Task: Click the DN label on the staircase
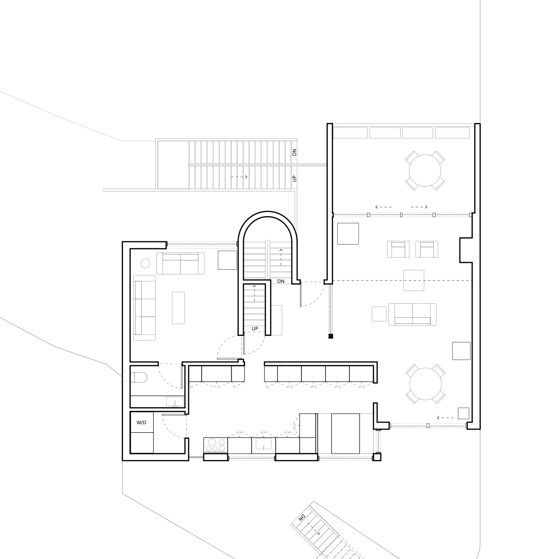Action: tap(294, 152)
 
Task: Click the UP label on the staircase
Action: tap(294, 178)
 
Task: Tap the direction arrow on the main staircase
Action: tap(239, 177)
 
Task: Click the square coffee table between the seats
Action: tap(414, 281)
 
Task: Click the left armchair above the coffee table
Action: tap(396, 250)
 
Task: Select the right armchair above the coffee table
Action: tap(427, 250)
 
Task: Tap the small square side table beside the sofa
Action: tap(377, 315)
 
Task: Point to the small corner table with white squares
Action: tap(145, 263)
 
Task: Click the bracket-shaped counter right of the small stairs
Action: tap(278, 320)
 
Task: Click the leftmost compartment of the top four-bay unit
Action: tap(353, 134)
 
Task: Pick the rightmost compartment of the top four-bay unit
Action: tap(453, 134)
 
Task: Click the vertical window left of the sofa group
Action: tap(331, 309)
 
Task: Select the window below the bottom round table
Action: tap(428, 425)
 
